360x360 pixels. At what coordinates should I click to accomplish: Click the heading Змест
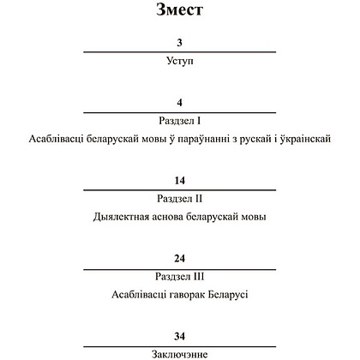pyautogui.click(x=180, y=12)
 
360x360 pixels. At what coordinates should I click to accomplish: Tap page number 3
pyautogui.click(x=180, y=42)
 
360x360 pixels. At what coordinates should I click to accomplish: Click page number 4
pyautogui.click(x=180, y=102)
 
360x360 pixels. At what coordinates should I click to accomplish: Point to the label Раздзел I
pyautogui.click(x=180, y=122)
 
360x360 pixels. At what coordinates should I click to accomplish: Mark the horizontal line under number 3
pyautogui.click(x=180, y=52)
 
